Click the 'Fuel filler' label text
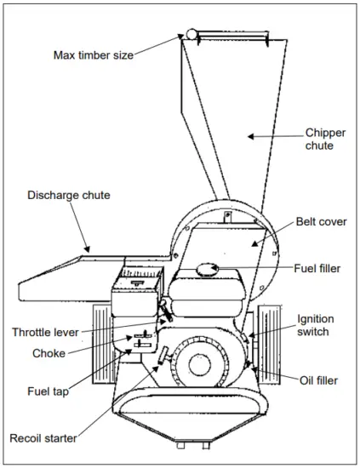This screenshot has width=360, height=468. pos(317,269)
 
